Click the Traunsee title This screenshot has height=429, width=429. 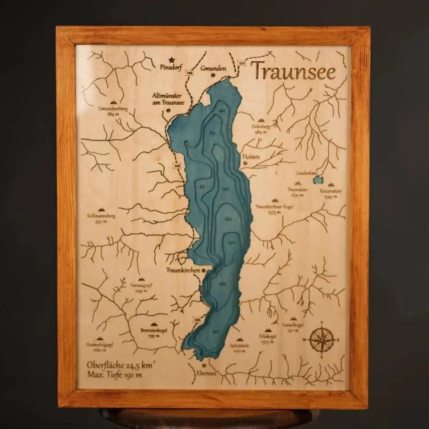293,71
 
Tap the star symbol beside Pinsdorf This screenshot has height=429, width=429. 172,59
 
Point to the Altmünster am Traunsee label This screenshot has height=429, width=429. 169,99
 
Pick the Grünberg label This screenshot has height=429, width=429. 261,127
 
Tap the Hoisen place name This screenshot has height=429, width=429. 251,156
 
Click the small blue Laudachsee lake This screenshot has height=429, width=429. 319,180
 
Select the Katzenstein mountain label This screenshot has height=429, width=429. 331,191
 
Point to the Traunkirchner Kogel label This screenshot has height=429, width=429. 275,207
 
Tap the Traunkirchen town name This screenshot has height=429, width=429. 183,270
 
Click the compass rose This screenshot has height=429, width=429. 322,338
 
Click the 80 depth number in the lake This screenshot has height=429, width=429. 212,133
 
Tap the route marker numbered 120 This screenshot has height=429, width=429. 242,64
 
